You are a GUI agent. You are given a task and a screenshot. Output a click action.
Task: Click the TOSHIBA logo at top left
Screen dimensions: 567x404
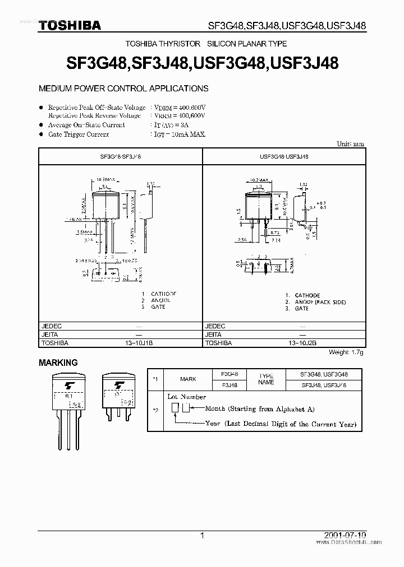70,25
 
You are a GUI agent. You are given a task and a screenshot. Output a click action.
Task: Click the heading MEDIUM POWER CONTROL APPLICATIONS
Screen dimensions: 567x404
123,89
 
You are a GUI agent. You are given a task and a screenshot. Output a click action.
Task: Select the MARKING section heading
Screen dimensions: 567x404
58,363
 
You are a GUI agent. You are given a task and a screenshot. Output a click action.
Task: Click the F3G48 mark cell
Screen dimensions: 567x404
229,374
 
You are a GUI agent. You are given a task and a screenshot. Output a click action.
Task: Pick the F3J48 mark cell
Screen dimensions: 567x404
229,385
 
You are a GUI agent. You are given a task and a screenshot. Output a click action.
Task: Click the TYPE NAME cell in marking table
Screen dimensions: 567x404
267,379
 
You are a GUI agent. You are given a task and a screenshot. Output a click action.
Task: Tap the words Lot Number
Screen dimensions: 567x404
187,397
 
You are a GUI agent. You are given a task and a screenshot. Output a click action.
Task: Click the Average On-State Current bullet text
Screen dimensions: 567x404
86,125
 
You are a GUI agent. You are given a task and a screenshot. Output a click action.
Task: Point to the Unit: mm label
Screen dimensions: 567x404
350,144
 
